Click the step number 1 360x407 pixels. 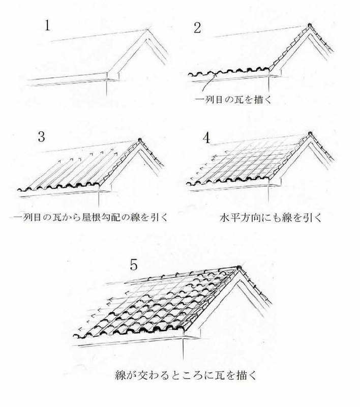coord(47,26)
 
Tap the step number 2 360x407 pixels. coord(197,28)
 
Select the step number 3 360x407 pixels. coord(42,136)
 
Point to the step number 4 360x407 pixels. coord(206,138)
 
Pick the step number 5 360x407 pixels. coord(133,265)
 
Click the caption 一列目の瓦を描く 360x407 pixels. coord(233,100)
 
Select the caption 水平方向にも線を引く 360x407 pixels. coord(271,218)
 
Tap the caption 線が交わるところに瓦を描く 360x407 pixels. coord(186,375)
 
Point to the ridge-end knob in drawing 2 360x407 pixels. coord(310,25)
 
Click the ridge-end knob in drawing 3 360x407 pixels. coord(140,140)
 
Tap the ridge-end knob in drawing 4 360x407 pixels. coord(309,134)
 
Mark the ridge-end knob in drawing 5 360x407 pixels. coord(238,268)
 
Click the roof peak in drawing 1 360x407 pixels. coord(148,30)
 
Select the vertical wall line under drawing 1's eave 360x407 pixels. coord(107,87)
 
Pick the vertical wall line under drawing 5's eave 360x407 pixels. coord(184,348)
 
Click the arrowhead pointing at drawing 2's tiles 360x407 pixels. coord(215,75)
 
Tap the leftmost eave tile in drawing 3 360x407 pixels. coord(23,189)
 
